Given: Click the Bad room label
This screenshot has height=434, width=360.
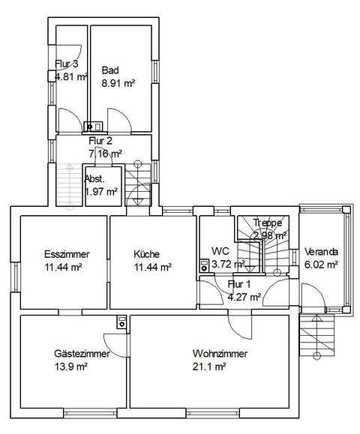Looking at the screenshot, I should (x=110, y=70).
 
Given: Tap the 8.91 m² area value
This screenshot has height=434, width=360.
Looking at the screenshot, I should (x=118, y=83).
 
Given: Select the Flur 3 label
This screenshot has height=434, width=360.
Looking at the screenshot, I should (x=67, y=64).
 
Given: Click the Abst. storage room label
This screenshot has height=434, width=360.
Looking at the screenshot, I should (x=94, y=179).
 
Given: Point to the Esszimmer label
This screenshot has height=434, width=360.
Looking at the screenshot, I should (x=64, y=253).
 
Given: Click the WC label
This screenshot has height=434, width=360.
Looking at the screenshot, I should (x=220, y=250).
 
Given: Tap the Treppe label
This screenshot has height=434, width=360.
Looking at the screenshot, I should (x=268, y=223).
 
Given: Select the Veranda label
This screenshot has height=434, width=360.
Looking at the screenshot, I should (x=322, y=252).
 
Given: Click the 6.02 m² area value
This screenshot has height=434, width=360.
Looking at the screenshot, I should (x=322, y=264).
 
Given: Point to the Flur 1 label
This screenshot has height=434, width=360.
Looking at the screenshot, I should (x=239, y=285).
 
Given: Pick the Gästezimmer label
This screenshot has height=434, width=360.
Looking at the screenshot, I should (x=81, y=354).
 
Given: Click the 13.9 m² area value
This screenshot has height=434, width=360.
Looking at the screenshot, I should (x=72, y=367).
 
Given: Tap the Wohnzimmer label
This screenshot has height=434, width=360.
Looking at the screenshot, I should (x=220, y=354).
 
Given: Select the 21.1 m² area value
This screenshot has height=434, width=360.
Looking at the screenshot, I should (x=207, y=367).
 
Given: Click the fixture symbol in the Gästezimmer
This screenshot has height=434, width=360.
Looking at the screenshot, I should (x=121, y=322).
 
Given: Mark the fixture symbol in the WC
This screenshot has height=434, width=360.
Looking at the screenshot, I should (x=204, y=265).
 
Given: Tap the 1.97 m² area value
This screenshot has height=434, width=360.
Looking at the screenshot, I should (x=101, y=192).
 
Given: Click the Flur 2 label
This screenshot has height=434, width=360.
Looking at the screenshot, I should (x=100, y=140).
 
